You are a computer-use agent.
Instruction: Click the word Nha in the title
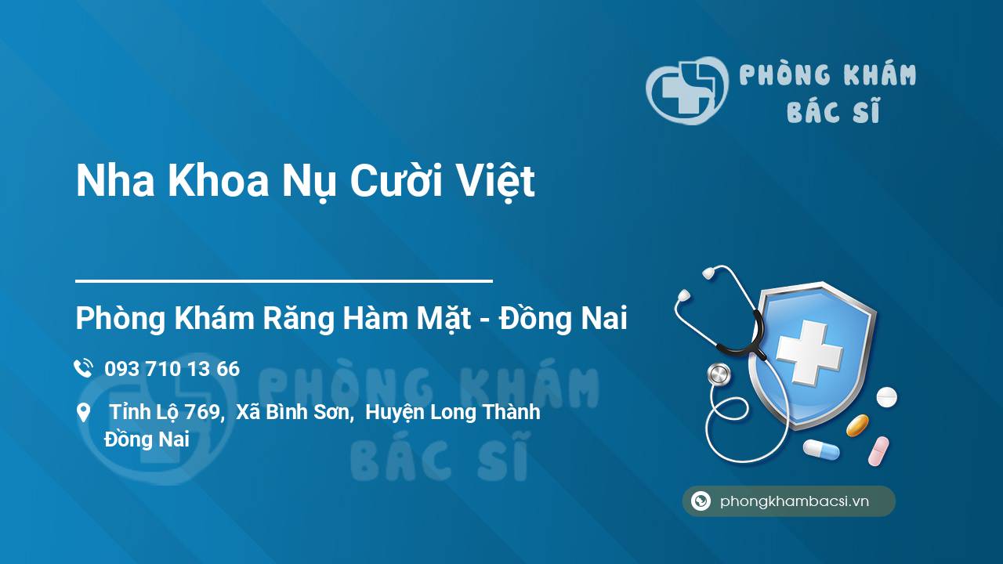tap(115, 180)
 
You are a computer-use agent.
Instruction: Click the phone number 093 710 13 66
tap(172, 369)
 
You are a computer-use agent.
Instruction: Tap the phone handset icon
tap(83, 368)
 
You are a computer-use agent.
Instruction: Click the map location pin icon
tap(83, 412)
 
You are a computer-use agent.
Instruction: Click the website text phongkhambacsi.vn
tap(795, 501)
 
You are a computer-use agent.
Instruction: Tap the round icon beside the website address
tap(701, 501)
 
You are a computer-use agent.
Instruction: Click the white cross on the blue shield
tap(809, 352)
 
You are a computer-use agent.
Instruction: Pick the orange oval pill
tap(857, 425)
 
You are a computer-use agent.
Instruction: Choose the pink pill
tap(878, 450)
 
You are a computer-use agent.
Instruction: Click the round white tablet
tap(886, 397)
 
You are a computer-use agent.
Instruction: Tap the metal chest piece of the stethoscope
tap(719, 374)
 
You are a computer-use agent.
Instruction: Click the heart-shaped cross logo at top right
tap(687, 90)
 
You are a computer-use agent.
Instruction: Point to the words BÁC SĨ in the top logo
tap(834, 110)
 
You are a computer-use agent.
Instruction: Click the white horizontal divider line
tap(284, 281)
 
